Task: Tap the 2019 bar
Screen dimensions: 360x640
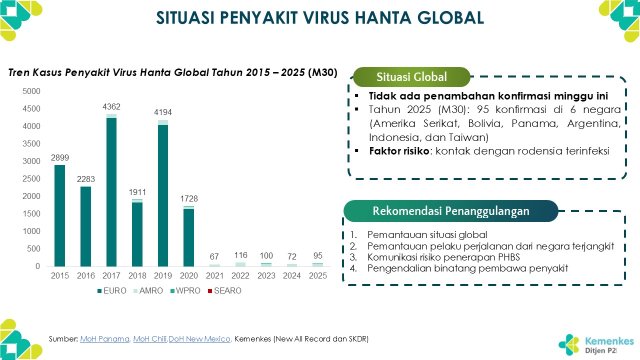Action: click(x=163, y=195)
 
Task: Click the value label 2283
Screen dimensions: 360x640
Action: click(x=85, y=179)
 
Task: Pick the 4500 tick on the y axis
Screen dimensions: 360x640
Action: click(x=31, y=109)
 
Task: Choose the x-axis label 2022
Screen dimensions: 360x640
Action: click(x=240, y=276)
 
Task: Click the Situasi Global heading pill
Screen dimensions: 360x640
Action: click(x=411, y=77)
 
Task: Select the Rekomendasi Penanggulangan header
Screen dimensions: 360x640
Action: click(x=450, y=211)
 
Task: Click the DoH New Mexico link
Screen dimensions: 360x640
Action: click(x=199, y=339)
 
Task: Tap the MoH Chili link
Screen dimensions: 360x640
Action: click(x=150, y=339)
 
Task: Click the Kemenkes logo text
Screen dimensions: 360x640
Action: click(x=609, y=341)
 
